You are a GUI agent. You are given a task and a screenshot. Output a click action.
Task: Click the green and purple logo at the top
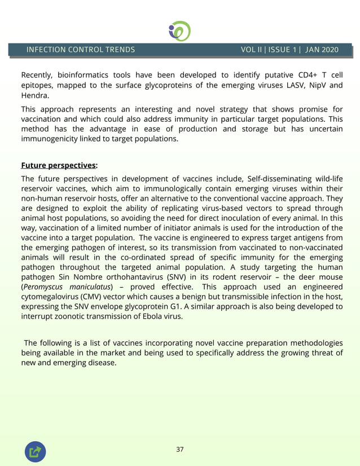[179, 30]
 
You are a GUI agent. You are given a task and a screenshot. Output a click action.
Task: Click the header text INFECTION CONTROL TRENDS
[81, 50]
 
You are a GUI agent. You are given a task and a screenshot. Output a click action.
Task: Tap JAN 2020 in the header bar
[322, 50]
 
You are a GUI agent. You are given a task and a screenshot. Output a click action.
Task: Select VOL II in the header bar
[252, 50]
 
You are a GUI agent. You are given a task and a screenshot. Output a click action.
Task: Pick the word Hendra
[34, 95]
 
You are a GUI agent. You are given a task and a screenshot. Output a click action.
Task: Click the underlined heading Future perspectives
[58, 165]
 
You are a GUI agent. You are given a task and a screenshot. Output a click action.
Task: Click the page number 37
[180, 449]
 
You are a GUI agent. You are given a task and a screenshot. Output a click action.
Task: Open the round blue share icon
[35, 451]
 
